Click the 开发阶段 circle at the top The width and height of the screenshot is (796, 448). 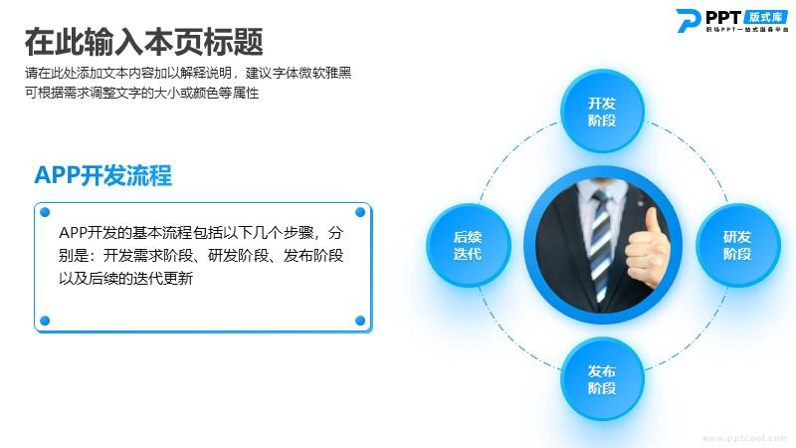coord(602,112)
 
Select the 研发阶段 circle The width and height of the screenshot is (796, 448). coord(737,245)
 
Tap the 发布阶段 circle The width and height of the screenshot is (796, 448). coord(602,379)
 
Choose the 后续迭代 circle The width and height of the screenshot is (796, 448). coord(468,245)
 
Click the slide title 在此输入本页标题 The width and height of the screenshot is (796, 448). coord(143,42)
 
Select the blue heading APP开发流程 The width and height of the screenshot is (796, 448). coord(103,175)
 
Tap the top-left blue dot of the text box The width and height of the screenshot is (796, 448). coord(45,212)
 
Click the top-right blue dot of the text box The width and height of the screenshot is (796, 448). coord(360,212)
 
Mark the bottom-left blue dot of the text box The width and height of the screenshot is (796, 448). coord(45,321)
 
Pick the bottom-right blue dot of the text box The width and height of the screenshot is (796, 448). coord(360,321)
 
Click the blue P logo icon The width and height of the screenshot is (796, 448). coord(689,21)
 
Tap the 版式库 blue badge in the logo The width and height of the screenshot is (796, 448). coord(766,17)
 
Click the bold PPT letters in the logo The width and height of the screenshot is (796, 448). coord(723,18)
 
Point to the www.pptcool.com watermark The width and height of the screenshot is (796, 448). coord(744,438)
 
